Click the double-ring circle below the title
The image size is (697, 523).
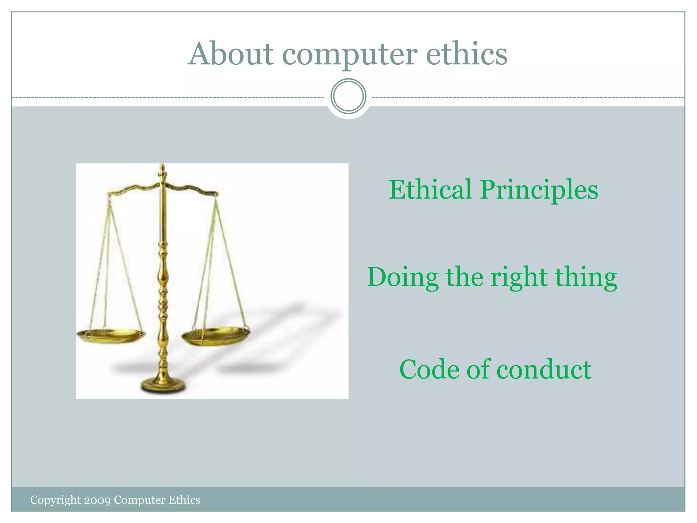pos(348,96)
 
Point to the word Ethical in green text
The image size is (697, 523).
pos(430,190)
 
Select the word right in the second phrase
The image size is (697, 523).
pos(519,279)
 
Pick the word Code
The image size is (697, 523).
pos(428,369)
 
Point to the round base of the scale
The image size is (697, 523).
pos(164,386)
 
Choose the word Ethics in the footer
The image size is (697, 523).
pos(184,500)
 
